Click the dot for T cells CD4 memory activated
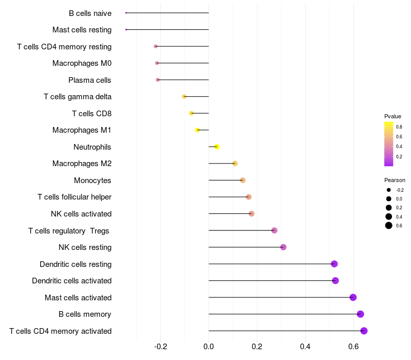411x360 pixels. click(x=364, y=331)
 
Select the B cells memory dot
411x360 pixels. click(x=360, y=314)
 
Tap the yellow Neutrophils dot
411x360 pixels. click(x=217, y=147)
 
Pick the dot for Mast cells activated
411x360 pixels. click(x=353, y=297)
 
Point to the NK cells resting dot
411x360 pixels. click(x=283, y=247)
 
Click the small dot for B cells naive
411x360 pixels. click(x=126, y=13)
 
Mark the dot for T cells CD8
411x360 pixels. click(x=191, y=113)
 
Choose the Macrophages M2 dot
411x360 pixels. click(x=235, y=164)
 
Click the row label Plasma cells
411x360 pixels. click(x=90, y=80)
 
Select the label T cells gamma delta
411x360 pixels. click(x=78, y=97)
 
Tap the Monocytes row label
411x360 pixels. click(x=92, y=181)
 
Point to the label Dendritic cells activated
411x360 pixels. click(x=71, y=281)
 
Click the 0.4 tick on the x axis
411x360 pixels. click(x=305, y=346)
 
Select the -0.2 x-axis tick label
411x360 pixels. click(x=160, y=346)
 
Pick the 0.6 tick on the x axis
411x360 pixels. click(x=353, y=346)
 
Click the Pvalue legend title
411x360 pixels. click(x=393, y=116)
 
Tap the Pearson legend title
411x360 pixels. click(x=395, y=180)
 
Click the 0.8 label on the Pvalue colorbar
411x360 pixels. click(x=399, y=127)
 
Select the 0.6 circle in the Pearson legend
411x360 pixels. click(x=389, y=225)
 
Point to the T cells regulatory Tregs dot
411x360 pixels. click(x=274, y=230)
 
